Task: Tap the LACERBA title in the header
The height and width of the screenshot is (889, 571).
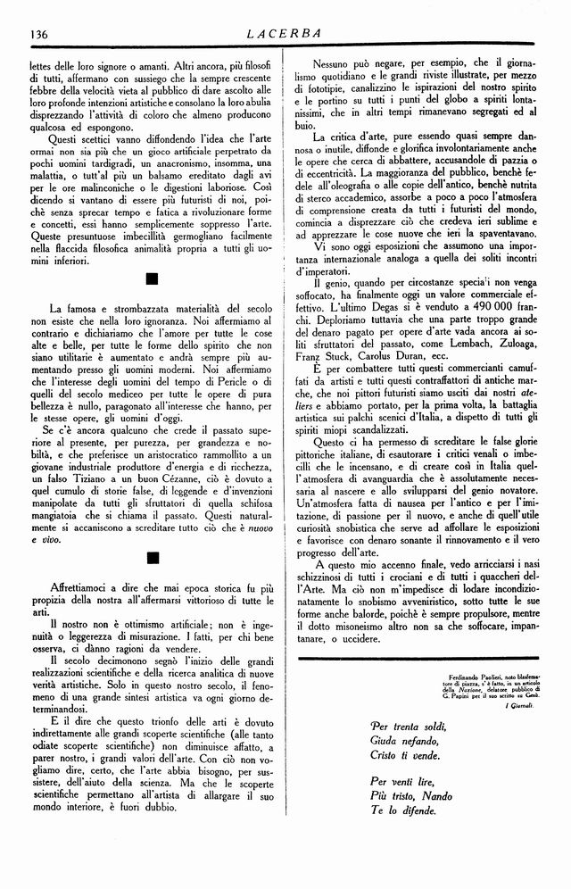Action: pyautogui.click(x=285, y=34)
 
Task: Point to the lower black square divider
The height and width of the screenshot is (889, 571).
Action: pyautogui.click(x=151, y=558)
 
